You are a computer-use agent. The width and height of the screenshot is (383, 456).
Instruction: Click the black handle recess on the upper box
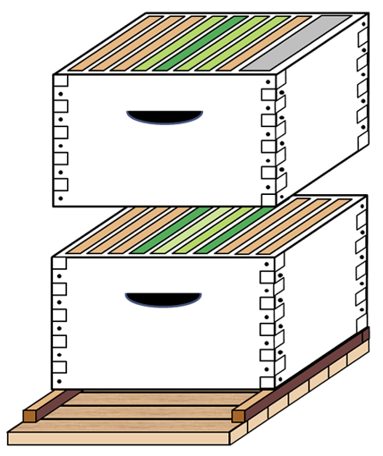click(165, 116)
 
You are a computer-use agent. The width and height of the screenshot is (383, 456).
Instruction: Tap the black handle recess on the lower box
click(163, 299)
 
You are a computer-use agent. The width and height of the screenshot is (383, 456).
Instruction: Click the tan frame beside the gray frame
click(268, 43)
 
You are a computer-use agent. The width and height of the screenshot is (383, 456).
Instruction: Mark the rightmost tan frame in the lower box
click(300, 228)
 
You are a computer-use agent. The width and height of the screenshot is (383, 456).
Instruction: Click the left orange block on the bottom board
click(30, 416)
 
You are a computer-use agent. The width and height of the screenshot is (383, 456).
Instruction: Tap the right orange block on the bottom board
click(238, 416)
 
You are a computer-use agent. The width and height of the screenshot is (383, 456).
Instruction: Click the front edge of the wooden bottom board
click(116, 438)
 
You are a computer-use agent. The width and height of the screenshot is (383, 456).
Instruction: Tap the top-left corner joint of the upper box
click(61, 80)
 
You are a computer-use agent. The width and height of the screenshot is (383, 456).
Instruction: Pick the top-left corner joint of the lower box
click(60, 263)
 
